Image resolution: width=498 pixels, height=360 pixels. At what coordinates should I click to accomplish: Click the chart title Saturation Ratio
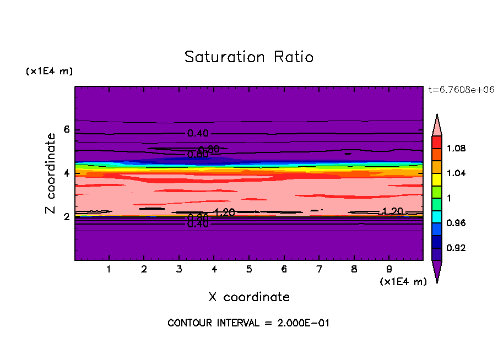[249, 57]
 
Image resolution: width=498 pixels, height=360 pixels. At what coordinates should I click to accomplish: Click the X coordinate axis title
[249, 297]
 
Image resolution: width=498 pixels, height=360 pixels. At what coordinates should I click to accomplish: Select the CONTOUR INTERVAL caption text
[248, 323]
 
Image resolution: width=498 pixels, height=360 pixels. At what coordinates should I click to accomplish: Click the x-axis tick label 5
[249, 270]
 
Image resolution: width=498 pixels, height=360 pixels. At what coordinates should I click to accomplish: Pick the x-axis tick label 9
[389, 270]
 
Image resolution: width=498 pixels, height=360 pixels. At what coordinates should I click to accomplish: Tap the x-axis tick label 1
[109, 270]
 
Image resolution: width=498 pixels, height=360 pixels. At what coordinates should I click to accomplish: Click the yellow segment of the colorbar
[437, 179]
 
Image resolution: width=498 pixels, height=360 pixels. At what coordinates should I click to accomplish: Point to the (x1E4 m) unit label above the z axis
[49, 72]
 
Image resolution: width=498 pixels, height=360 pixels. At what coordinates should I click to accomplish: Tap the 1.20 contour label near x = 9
[393, 211]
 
